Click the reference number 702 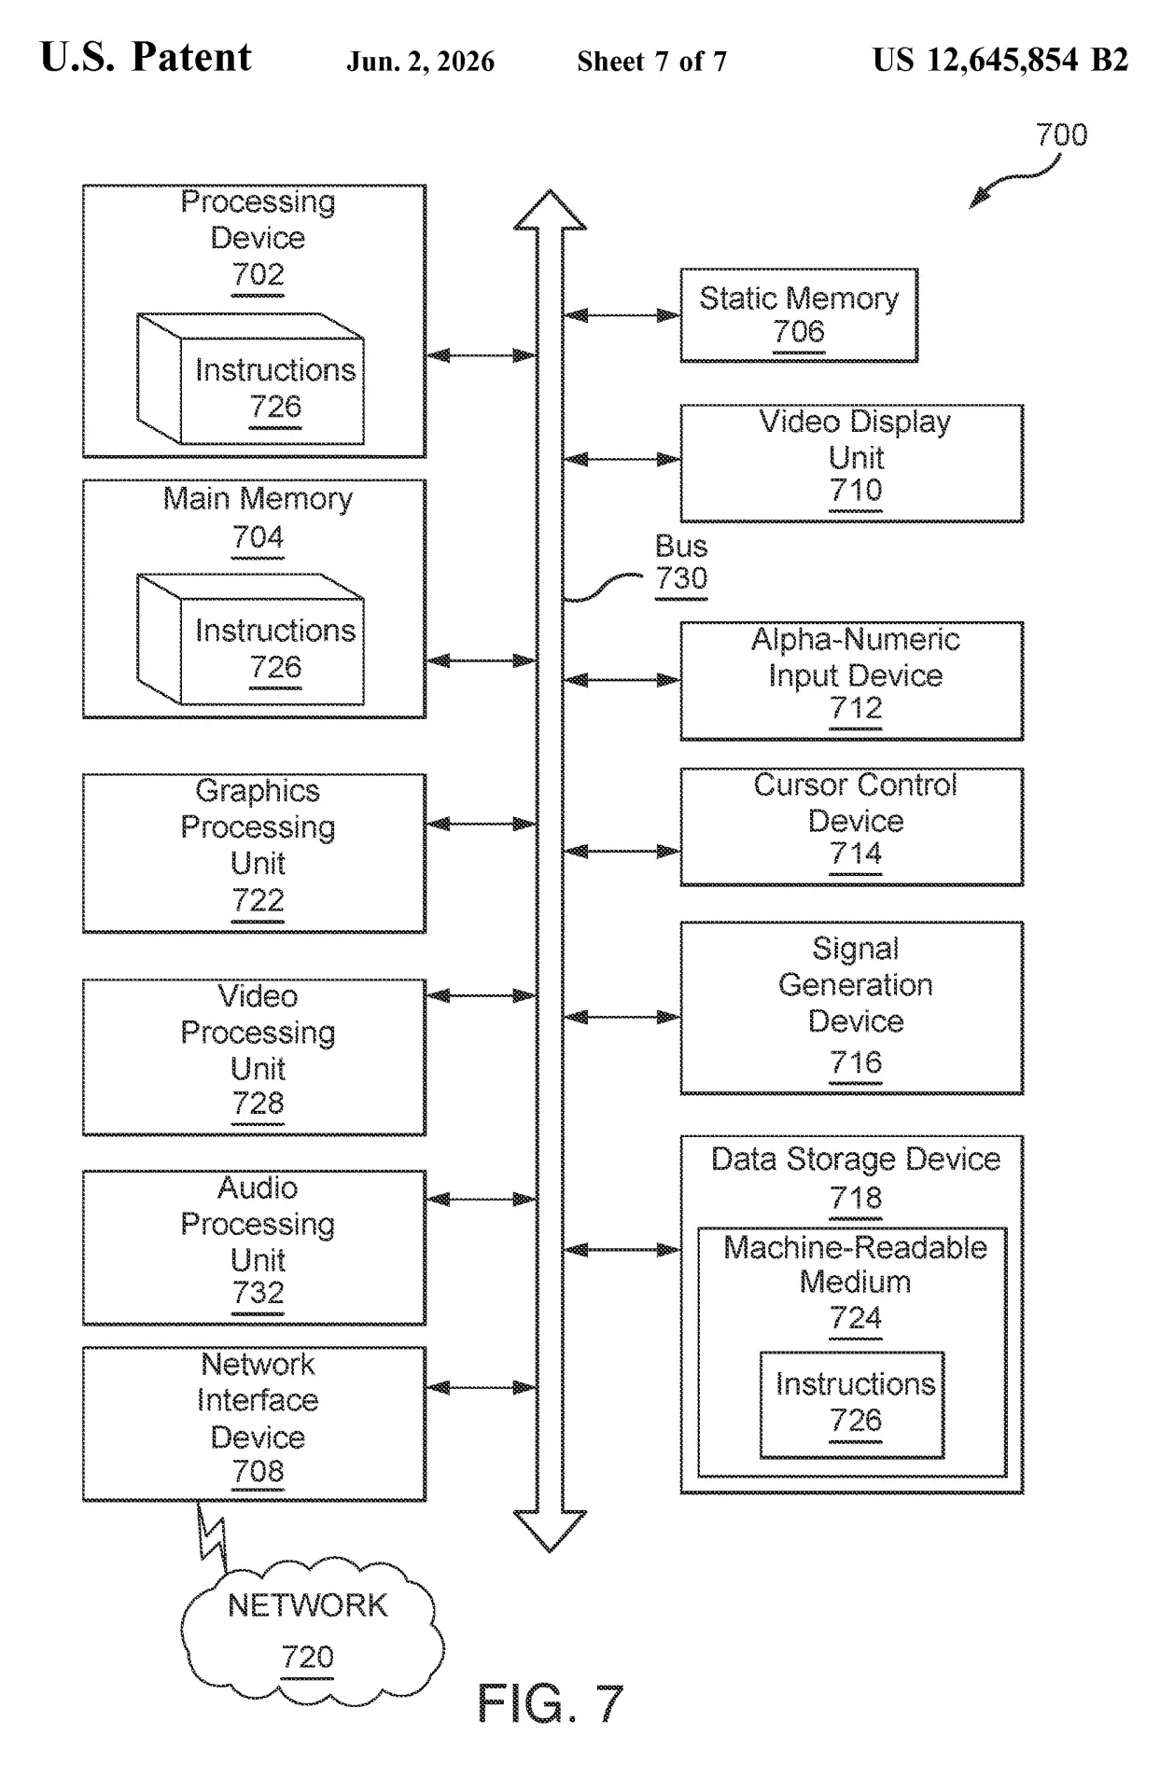[x=258, y=274]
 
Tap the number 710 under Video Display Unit [x=856, y=491]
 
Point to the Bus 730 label [x=681, y=562]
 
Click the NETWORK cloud [x=312, y=1631]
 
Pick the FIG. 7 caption [x=550, y=1703]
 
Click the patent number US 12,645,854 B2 [x=1000, y=61]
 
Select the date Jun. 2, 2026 [x=421, y=62]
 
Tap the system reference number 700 [x=1062, y=135]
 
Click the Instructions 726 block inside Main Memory [x=250, y=639]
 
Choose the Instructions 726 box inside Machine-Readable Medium [x=852, y=1405]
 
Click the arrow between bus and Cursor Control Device [x=622, y=851]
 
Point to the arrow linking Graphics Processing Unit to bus [x=482, y=824]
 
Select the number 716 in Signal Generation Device [x=856, y=1062]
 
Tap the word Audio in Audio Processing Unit [x=258, y=1187]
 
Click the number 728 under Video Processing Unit [x=258, y=1104]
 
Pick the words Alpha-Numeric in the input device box [x=856, y=640]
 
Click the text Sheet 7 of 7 [x=651, y=62]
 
